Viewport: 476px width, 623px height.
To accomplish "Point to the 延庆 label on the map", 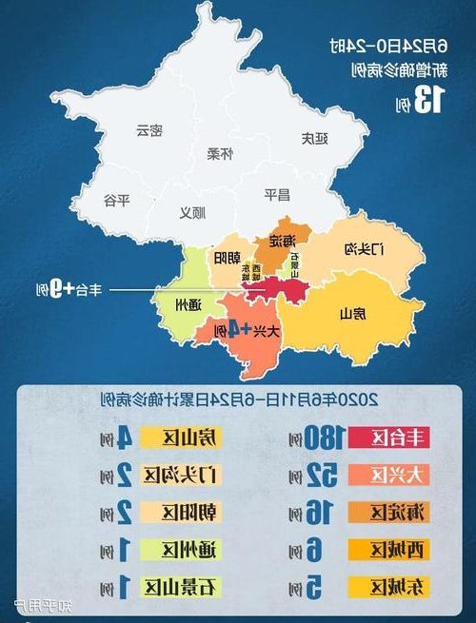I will point(315,138).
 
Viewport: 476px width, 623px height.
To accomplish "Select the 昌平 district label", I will point(276,195).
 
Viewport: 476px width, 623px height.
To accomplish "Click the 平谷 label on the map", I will point(115,200).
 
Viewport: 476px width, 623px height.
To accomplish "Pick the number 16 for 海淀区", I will point(320,512).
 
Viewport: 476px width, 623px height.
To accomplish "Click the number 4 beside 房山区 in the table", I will point(124,438).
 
